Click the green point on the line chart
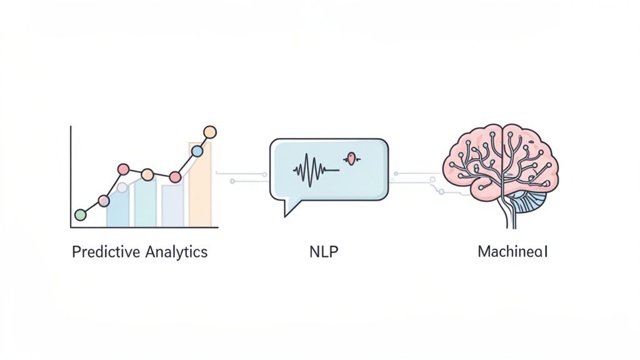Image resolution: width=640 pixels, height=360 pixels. pyautogui.click(x=80, y=215)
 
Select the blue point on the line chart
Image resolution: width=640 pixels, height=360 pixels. pyautogui.click(x=197, y=151)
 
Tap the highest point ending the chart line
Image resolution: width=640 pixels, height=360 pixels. pyautogui.click(x=210, y=132)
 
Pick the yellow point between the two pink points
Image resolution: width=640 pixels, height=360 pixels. pyautogui.click(x=147, y=174)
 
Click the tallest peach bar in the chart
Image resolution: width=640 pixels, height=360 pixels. pyautogui.click(x=200, y=187)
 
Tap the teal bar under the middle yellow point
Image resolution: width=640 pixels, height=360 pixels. pyautogui.click(x=145, y=203)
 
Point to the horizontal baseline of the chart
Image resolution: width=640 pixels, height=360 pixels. pyautogui.click(x=144, y=227)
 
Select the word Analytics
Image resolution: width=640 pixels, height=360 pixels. pyautogui.click(x=176, y=252)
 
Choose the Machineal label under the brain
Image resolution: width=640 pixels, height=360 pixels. pyautogui.click(x=512, y=252)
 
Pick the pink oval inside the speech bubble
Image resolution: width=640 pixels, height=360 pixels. pyautogui.click(x=352, y=159)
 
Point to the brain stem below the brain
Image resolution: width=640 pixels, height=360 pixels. pyautogui.click(x=507, y=216)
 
